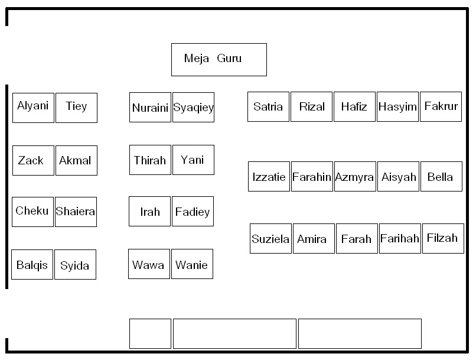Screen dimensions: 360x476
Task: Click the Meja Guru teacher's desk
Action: click(x=219, y=60)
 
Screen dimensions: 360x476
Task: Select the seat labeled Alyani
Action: click(x=33, y=108)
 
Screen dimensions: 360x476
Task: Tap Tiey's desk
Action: click(x=76, y=108)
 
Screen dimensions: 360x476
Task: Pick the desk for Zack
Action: click(x=33, y=160)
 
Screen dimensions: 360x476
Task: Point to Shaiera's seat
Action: click(x=76, y=212)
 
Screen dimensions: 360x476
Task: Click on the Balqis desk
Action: click(x=32, y=264)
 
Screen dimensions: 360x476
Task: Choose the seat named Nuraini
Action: click(x=150, y=107)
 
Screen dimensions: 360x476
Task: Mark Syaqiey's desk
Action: click(x=193, y=107)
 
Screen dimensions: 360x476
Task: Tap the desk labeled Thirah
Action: click(x=150, y=160)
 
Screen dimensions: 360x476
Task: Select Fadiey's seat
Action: click(x=193, y=212)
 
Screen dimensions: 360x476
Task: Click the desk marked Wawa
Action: click(x=149, y=264)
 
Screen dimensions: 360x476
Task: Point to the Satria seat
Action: click(x=268, y=106)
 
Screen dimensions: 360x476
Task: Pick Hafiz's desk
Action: click(x=354, y=106)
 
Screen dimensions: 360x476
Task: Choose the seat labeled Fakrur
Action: click(x=441, y=106)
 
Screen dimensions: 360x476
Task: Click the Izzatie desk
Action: click(x=269, y=176)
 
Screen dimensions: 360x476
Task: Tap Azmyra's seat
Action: click(x=355, y=176)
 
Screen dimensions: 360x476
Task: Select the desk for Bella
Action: click(x=441, y=176)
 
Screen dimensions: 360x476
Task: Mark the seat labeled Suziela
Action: click(x=270, y=238)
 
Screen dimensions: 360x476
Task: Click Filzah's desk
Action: click(x=443, y=238)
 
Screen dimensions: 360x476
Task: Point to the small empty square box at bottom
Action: click(x=150, y=333)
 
